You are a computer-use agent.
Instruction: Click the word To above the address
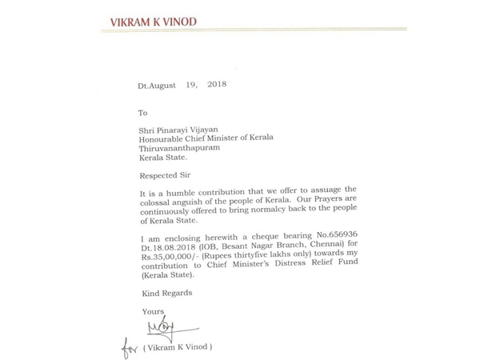tap(144, 114)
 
